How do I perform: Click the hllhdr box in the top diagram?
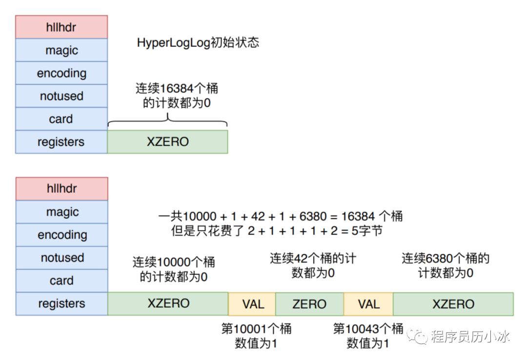click(x=61, y=27)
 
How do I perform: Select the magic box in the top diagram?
click(x=61, y=50)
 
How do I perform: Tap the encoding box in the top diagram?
click(x=61, y=73)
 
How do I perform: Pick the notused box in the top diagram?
click(x=61, y=96)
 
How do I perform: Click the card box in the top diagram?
click(x=61, y=119)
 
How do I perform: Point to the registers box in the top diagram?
click(x=61, y=142)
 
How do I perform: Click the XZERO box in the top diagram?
click(x=168, y=142)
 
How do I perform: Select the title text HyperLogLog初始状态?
click(x=198, y=43)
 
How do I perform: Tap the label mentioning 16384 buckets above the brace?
click(x=177, y=96)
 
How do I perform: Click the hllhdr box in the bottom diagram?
click(x=62, y=189)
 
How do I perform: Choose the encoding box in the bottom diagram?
click(x=62, y=235)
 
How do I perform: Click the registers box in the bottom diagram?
click(x=62, y=303)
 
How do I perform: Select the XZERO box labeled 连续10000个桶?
click(x=168, y=303)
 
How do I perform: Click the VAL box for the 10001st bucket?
click(x=252, y=304)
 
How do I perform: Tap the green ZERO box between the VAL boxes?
click(x=309, y=304)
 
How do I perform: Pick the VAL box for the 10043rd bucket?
click(x=368, y=304)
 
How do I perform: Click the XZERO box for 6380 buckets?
click(x=453, y=304)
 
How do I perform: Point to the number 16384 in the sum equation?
click(x=358, y=216)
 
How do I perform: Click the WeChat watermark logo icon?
click(x=417, y=336)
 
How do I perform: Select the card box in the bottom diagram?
click(x=62, y=280)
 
